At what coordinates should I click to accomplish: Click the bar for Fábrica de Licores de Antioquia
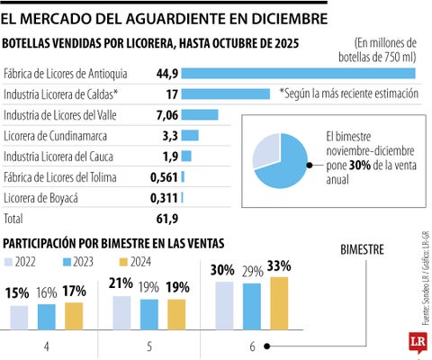pyautogui.click(x=299, y=73)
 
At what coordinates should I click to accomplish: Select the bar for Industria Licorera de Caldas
pyautogui.click(x=226, y=94)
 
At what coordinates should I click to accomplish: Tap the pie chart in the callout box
pyautogui.click(x=283, y=160)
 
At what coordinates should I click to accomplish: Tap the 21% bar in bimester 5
pyautogui.click(x=121, y=313)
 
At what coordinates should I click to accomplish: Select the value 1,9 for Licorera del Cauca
pyautogui.click(x=167, y=156)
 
